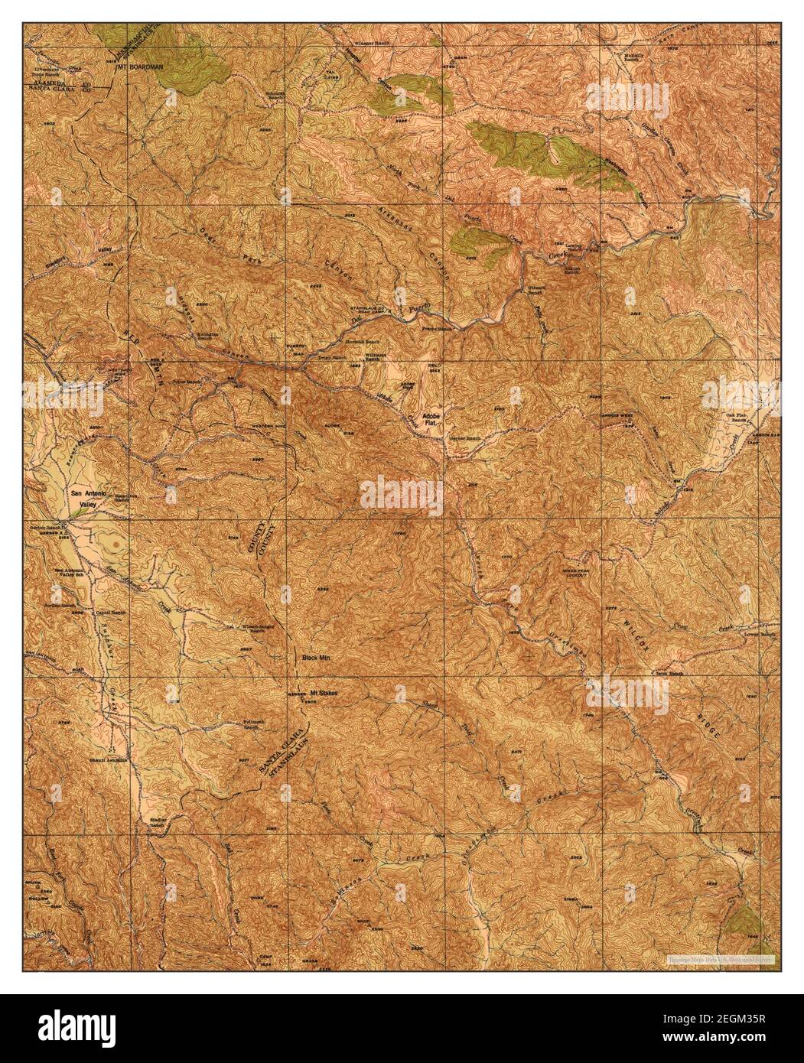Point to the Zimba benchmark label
tap(570, 899)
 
